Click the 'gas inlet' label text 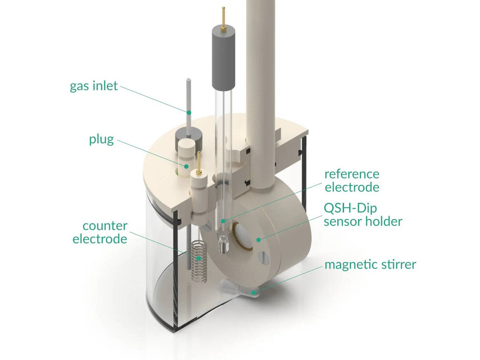[94, 86]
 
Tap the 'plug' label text [102, 140]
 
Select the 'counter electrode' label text [100, 232]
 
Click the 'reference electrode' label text [352, 180]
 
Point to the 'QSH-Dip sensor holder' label [363, 214]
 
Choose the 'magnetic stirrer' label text [370, 264]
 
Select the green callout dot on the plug [186, 166]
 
